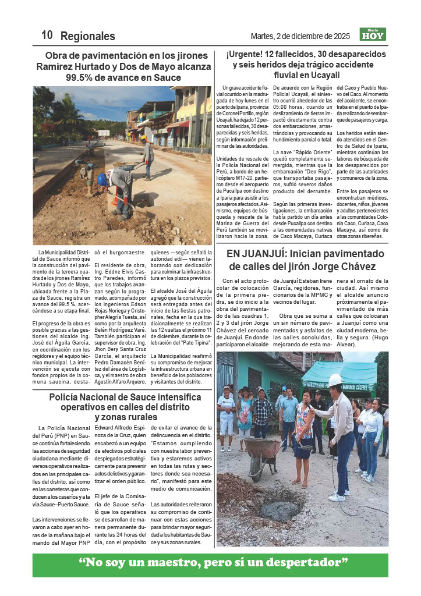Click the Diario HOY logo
[x=373, y=34]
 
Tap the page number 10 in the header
[x=47, y=35]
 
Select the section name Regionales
[x=88, y=36]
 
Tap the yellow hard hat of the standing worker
[x=143, y=138]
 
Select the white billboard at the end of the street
[x=103, y=133]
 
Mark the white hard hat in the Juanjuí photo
[x=335, y=379]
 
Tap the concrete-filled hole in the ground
[x=278, y=510]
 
